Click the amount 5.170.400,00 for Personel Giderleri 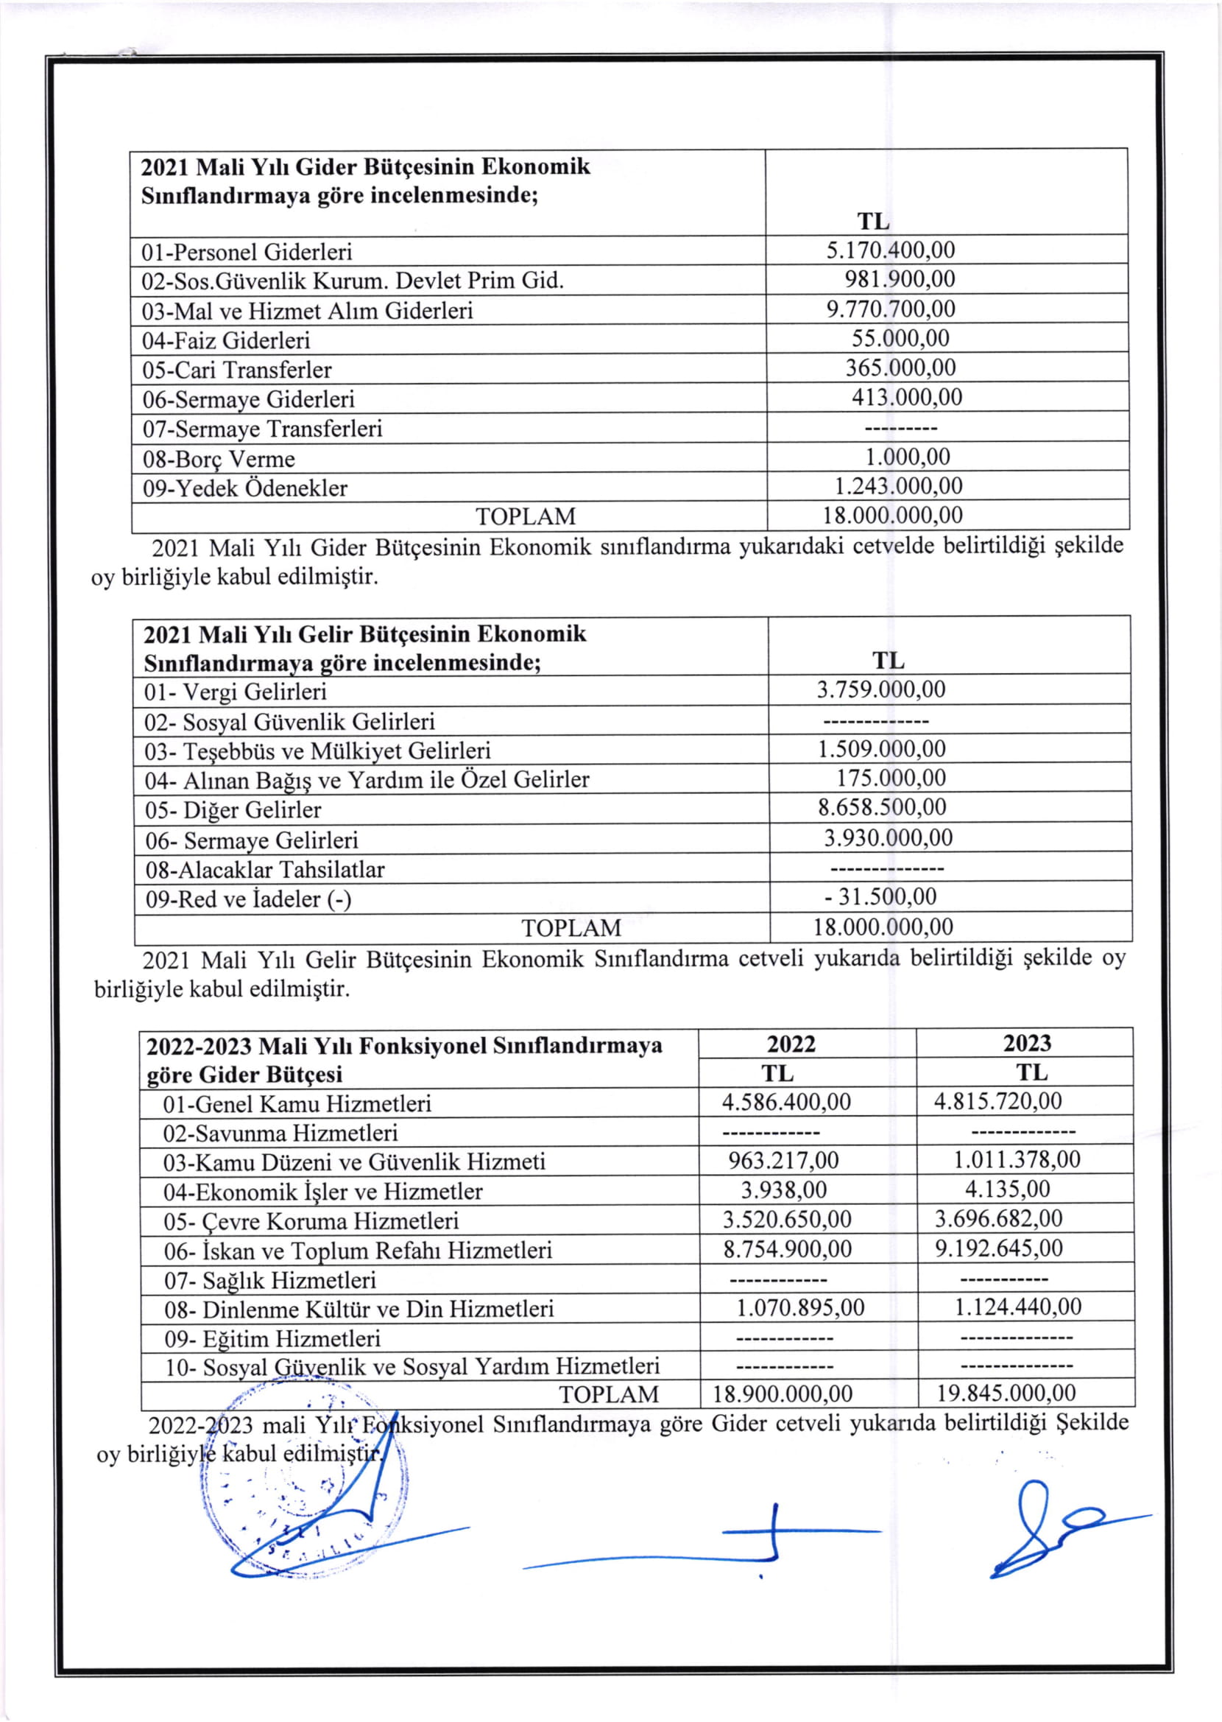point(890,250)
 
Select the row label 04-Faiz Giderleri point(226,340)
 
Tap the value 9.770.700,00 point(890,309)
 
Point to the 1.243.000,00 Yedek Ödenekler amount point(897,485)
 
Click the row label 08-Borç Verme point(218,458)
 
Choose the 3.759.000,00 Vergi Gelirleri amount point(881,689)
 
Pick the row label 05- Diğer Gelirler point(233,810)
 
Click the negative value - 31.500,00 point(880,896)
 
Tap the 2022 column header point(791,1043)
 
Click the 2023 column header point(1026,1042)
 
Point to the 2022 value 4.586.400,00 point(786,1102)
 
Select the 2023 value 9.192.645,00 point(998,1248)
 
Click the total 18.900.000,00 point(783,1393)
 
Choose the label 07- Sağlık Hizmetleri point(270,1280)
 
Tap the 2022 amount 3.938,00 point(783,1189)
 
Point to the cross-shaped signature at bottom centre point(775,1536)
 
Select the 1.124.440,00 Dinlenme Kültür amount point(1017,1307)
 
